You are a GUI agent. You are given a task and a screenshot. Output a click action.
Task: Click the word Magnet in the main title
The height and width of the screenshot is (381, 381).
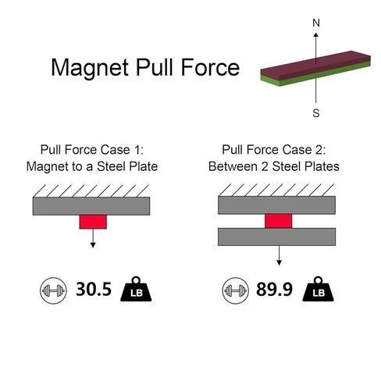click(90, 67)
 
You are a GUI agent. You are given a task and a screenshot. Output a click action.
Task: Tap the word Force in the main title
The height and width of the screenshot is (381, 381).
click(210, 67)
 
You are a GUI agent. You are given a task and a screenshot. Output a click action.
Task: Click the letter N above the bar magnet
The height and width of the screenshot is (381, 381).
click(316, 23)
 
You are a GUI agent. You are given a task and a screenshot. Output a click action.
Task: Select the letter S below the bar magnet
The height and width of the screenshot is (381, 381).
click(316, 113)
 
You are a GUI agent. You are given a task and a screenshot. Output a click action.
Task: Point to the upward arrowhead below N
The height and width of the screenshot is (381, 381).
click(316, 35)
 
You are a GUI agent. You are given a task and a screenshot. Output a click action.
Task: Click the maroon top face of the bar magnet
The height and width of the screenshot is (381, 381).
click(315, 64)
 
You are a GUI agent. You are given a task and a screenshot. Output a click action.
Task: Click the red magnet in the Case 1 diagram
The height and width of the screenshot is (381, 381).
click(93, 222)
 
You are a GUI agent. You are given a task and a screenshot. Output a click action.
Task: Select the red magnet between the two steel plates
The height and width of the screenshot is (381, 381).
click(279, 221)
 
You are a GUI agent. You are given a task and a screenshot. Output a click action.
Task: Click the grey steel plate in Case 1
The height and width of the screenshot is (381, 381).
click(91, 206)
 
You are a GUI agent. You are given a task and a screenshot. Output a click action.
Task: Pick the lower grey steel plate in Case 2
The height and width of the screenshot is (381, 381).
click(276, 237)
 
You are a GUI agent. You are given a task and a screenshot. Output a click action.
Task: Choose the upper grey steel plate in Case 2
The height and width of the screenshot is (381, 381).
click(276, 205)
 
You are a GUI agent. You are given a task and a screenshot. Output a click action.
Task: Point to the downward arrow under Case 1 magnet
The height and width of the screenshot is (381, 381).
click(93, 238)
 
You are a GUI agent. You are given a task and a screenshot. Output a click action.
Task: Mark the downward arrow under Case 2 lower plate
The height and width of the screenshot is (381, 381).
click(279, 255)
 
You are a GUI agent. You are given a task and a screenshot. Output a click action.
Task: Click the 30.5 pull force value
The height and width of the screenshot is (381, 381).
click(94, 289)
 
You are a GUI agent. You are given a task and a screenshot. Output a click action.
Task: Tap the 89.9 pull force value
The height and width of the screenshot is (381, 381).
click(274, 289)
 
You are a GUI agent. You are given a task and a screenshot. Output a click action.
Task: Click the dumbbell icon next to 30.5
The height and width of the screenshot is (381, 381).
click(53, 290)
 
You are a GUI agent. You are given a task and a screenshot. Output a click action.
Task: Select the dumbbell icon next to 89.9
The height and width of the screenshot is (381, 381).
click(235, 290)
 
